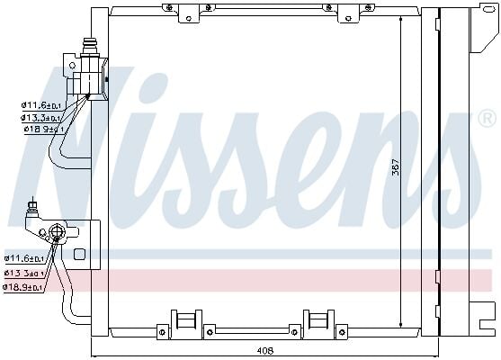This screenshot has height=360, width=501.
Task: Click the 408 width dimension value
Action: [265, 350]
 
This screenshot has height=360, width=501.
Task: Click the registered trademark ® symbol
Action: [486, 118]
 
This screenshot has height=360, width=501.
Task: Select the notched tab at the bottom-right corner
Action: [486, 316]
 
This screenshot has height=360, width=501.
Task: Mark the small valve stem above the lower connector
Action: [31, 207]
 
